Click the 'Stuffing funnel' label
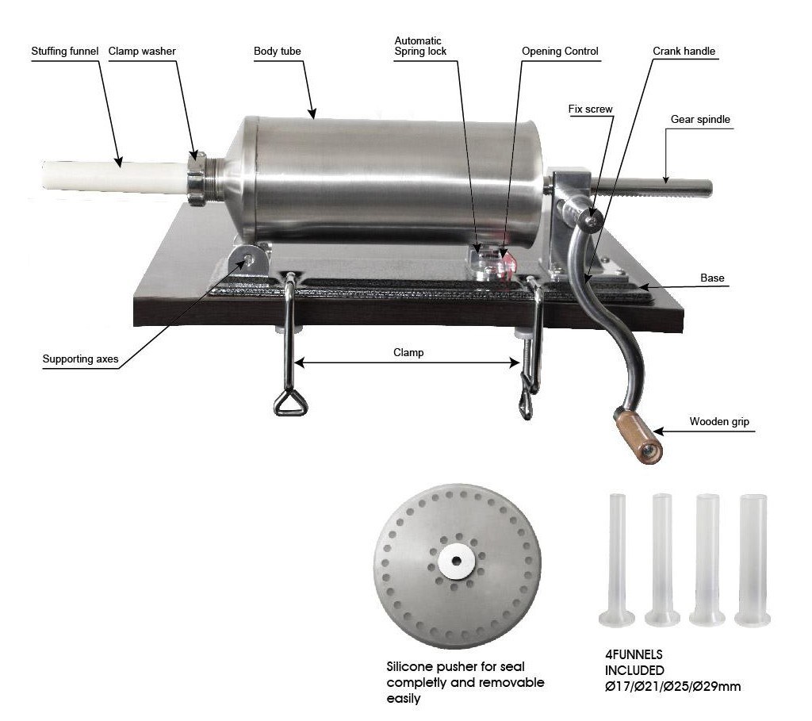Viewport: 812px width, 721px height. (65, 52)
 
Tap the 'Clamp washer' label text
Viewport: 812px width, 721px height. (142, 52)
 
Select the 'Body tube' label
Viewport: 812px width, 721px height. (277, 52)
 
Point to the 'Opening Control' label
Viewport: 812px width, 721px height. (560, 52)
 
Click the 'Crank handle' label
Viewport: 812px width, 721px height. (684, 52)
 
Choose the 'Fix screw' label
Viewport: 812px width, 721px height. (590, 109)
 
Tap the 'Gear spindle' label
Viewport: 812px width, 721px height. (700, 120)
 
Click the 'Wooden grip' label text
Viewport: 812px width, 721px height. (719, 422)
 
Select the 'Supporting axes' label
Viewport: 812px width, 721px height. (80, 359)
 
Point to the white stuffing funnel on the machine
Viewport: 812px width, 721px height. (115, 176)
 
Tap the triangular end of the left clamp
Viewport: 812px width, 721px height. (290, 403)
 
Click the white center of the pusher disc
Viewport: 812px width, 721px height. (456, 561)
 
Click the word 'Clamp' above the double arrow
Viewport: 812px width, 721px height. (408, 353)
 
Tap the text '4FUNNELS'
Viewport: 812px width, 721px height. (634, 654)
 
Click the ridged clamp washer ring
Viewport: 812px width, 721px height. (197, 178)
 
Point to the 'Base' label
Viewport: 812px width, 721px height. (712, 278)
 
